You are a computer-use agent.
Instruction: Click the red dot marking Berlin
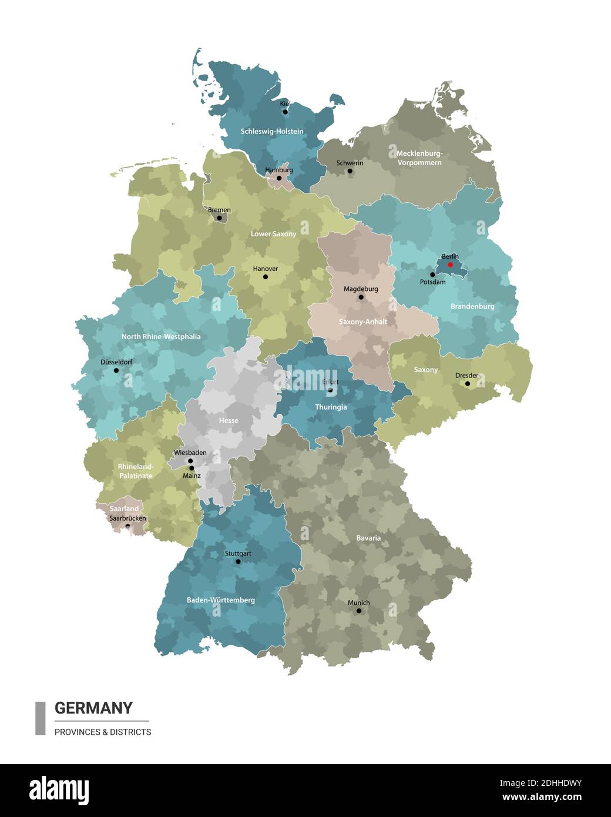451,264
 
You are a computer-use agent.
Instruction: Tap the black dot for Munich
358,611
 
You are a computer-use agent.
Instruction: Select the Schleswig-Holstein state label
272,131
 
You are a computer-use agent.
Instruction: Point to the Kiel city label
285,103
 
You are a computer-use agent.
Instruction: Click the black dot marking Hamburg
279,178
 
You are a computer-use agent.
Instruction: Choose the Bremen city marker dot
220,218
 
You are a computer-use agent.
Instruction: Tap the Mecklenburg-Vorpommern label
419,158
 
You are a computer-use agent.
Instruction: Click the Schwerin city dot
350,172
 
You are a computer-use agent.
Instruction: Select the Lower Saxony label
273,233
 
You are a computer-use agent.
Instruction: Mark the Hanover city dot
266,277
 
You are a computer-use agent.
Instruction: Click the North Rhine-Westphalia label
161,337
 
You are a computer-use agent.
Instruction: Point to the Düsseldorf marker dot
116,370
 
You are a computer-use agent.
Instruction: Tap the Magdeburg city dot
361,297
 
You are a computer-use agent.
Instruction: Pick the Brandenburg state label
472,306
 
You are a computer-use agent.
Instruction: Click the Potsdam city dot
433,274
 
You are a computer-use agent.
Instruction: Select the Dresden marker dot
468,384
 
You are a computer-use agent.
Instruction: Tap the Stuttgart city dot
238,562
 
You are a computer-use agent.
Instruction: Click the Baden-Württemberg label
221,600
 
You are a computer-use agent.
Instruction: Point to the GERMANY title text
93,708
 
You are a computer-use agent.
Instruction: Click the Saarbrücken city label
127,518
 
